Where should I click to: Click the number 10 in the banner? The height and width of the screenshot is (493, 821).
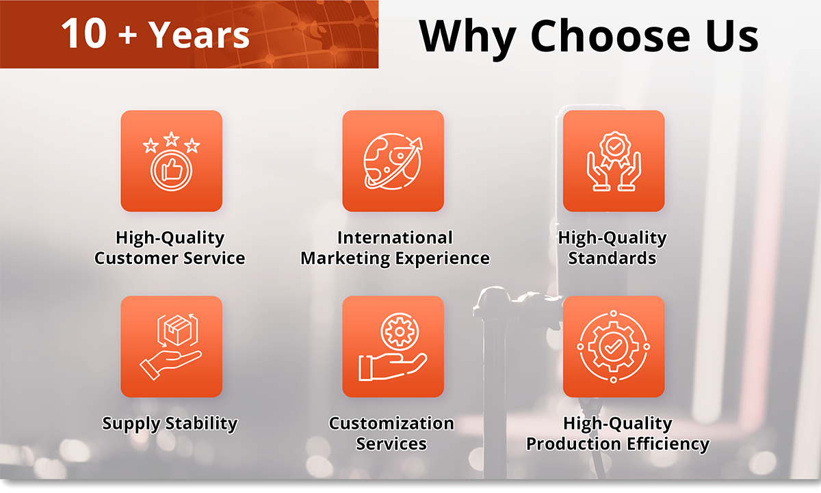[83, 34]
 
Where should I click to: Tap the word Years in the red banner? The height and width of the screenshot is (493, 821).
[200, 34]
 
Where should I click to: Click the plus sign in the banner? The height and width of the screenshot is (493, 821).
[127, 36]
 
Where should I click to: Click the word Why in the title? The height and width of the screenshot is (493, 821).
[468, 39]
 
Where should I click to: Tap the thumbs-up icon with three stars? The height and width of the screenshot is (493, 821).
[172, 161]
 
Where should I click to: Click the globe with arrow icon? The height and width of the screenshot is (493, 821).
[393, 161]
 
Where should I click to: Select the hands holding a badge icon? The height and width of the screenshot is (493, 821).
[614, 161]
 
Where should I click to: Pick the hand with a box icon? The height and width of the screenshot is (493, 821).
[171, 347]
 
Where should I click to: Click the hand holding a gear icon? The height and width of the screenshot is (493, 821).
[393, 347]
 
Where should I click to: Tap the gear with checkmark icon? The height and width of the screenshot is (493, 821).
[614, 347]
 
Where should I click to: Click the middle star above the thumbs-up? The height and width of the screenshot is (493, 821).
[171, 139]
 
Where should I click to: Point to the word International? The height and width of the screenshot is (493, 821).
[395, 237]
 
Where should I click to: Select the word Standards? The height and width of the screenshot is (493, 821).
[612, 258]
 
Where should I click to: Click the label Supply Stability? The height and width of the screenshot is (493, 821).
[170, 424]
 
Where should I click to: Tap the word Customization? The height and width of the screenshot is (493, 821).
[391, 423]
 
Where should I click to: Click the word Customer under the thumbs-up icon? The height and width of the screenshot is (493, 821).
[136, 258]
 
